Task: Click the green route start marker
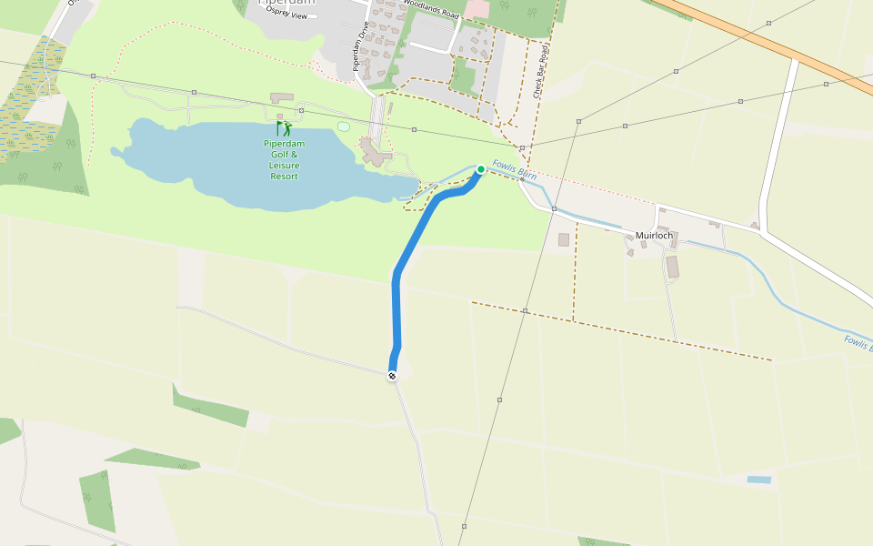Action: click(x=480, y=169)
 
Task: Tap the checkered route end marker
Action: click(x=392, y=376)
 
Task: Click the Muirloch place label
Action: click(x=654, y=236)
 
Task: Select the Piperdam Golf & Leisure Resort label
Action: click(x=284, y=159)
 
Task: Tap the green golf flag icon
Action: click(x=284, y=129)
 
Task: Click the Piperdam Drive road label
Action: click(x=359, y=45)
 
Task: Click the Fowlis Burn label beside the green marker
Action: click(x=515, y=169)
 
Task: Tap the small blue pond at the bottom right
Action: click(x=758, y=479)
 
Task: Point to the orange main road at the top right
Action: click(x=773, y=41)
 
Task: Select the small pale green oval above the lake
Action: click(x=343, y=126)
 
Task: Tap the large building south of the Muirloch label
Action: click(x=672, y=267)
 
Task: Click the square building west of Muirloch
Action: click(x=563, y=239)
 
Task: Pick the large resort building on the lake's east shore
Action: click(x=373, y=153)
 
